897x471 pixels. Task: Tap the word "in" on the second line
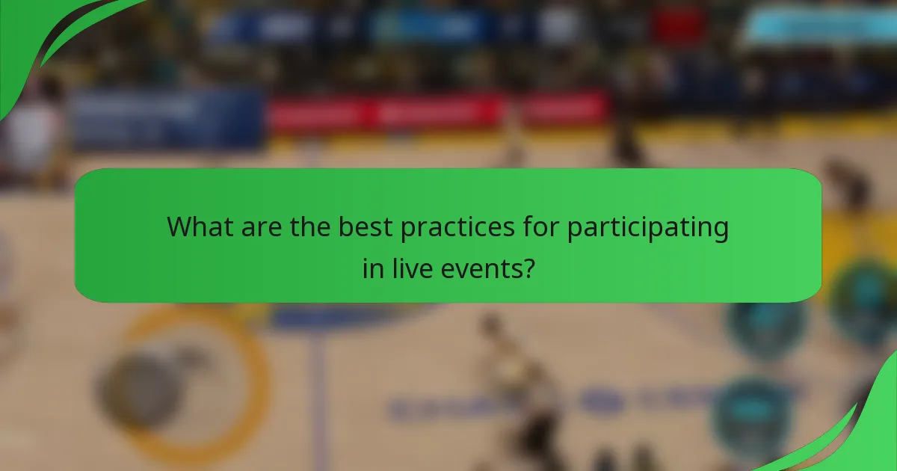click(372, 268)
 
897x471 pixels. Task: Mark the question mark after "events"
click(528, 268)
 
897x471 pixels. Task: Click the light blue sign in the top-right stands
click(815, 26)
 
